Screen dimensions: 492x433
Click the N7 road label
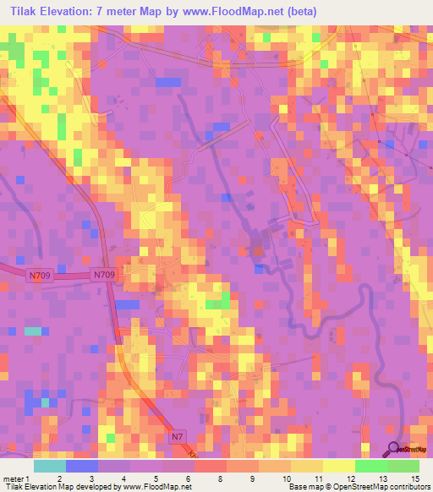pos(177,436)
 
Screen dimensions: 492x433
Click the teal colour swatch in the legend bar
pos(50,466)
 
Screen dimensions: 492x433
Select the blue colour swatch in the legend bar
pos(82,466)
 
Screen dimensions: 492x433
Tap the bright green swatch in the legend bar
pos(371,466)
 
